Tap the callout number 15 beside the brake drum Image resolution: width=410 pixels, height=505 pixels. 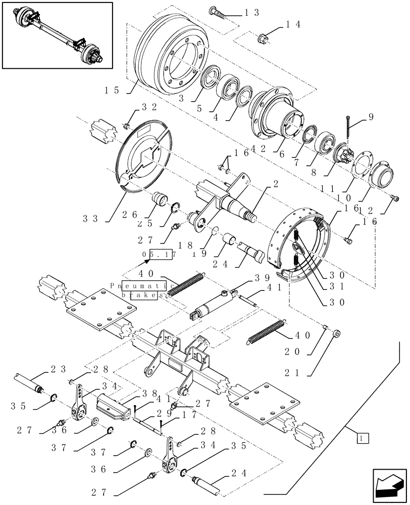point(112,90)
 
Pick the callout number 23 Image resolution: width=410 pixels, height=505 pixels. point(57,369)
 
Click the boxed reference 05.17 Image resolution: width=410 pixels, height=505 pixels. point(159,256)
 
